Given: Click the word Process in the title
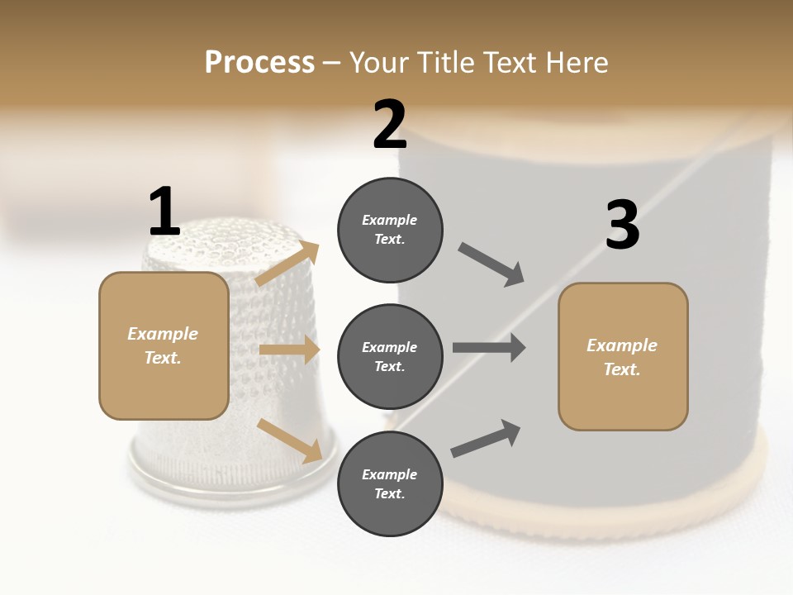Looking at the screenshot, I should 259,63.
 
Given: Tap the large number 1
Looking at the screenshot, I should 164,212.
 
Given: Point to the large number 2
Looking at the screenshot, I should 390,125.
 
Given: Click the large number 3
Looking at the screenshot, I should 623,226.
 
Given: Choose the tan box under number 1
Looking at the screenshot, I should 164,345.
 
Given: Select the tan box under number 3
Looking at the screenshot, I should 623,357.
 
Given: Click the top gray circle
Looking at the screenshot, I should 390,230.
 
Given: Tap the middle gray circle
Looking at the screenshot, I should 390,356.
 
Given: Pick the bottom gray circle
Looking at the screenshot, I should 390,483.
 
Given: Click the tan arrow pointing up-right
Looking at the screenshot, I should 287,264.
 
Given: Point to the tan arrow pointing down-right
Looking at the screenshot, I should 289,440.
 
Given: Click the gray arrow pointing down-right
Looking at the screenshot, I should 491,264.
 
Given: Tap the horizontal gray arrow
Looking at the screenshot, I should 488,347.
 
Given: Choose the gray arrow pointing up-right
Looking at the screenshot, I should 486,439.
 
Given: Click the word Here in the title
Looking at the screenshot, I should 576,63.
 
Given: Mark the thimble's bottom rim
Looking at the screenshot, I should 231,478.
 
